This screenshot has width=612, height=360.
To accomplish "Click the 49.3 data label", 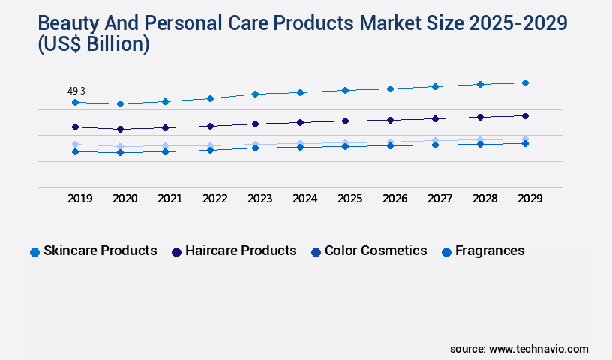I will [76, 91].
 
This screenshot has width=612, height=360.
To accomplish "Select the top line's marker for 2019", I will [75, 102].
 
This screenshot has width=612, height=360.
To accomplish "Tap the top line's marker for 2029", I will [525, 82].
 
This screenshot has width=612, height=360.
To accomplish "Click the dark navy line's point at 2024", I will [300, 122].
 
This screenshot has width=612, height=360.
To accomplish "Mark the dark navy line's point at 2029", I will [525, 115].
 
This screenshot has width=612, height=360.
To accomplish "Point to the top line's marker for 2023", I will [255, 94].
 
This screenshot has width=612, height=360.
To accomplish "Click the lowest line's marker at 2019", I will [75, 151].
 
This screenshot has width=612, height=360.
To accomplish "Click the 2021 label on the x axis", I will [169, 199].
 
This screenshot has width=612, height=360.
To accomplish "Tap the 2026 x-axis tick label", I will [394, 199].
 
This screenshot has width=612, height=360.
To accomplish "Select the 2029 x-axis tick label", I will [529, 199].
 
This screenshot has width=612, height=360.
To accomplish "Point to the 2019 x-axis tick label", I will [79, 199].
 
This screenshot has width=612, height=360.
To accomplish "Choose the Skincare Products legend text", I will [100, 250].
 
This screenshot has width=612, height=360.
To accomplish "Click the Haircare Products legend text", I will [241, 250].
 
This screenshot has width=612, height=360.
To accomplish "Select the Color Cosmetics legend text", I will [376, 250].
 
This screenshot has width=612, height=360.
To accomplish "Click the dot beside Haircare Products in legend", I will [176, 252].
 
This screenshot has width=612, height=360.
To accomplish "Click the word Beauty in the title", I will [57, 23].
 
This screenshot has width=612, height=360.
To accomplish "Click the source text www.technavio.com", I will [538, 349].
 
